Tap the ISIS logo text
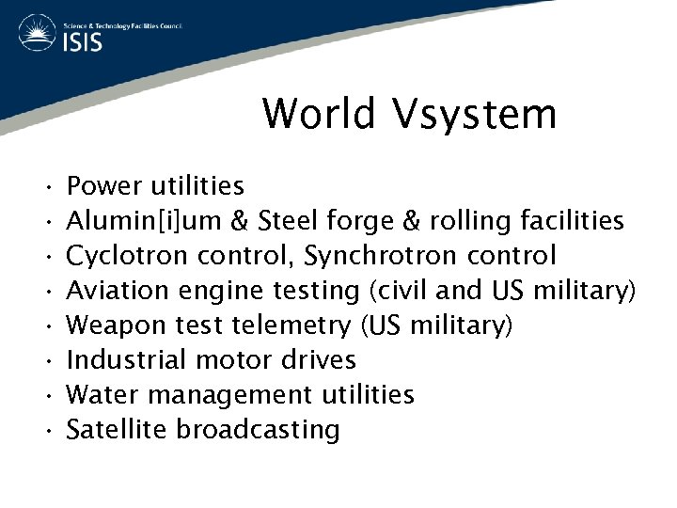(84, 43)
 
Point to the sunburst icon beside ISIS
(34, 35)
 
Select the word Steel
(289, 221)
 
